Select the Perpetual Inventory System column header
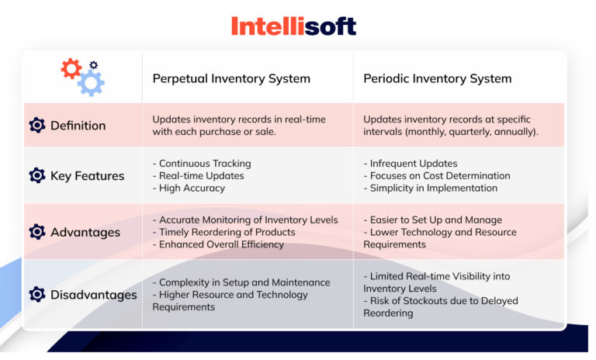[x=231, y=78]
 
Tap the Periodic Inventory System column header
[x=437, y=78]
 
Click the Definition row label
[x=78, y=126]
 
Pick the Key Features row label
[x=87, y=176]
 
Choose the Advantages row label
[x=85, y=232]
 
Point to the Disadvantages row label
[x=93, y=295]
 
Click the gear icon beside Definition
[x=36, y=126]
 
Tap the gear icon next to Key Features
[x=36, y=176]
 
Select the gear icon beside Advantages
[x=36, y=232]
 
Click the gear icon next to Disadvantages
[x=36, y=295]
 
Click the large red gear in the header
[x=71, y=69]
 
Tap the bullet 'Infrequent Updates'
[x=411, y=164]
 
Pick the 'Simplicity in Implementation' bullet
[x=431, y=188]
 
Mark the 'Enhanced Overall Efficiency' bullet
[x=221, y=244]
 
